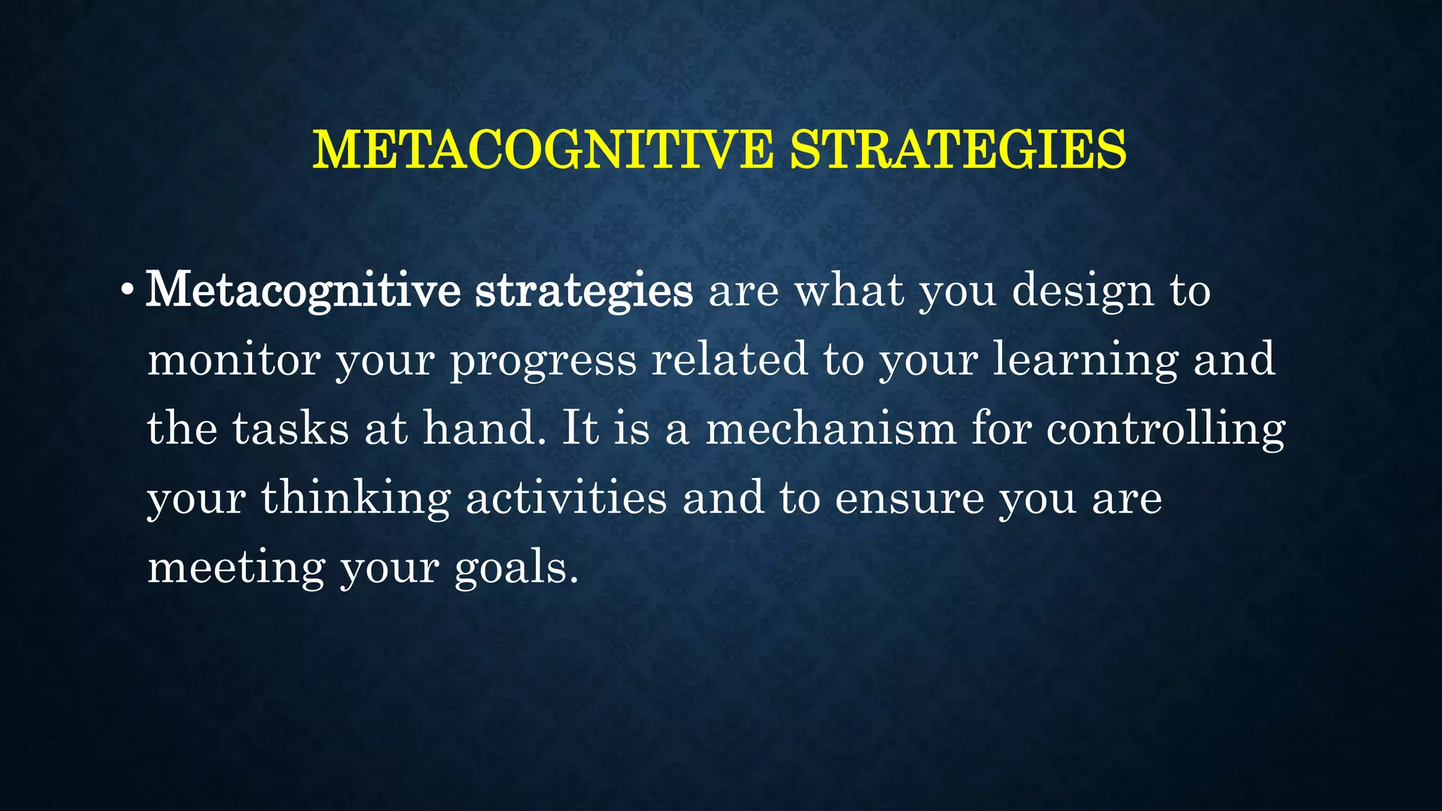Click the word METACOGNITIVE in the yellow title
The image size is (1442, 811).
542,150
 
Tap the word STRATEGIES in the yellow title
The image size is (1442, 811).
958,150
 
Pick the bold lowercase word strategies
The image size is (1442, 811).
584,291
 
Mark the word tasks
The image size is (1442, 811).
290,428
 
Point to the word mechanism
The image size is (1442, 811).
831,428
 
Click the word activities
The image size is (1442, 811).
566,497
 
